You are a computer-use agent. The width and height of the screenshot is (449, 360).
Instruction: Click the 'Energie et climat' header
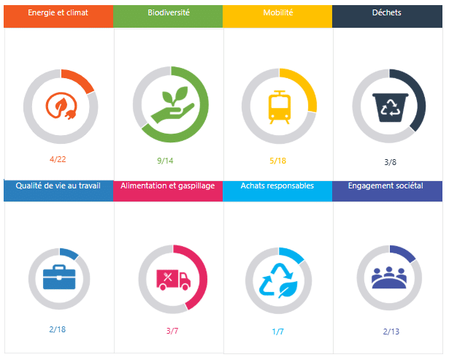(x=58, y=13)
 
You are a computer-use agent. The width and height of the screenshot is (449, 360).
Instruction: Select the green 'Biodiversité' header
(x=169, y=13)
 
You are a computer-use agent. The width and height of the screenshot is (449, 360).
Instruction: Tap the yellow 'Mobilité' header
(x=277, y=13)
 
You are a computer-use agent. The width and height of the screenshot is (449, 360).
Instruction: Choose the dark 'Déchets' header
(x=386, y=13)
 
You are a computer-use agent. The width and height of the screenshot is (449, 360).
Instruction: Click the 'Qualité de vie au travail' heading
(x=58, y=185)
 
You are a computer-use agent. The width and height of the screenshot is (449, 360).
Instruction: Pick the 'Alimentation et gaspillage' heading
(x=169, y=185)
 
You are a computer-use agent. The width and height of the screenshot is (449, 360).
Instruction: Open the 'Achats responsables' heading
(x=277, y=185)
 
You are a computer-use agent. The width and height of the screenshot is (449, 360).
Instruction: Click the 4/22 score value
(x=58, y=158)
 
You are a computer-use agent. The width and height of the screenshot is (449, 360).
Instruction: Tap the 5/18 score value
(x=277, y=161)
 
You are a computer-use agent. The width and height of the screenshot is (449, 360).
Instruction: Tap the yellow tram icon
(x=278, y=107)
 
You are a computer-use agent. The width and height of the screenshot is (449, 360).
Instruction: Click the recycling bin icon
(x=388, y=107)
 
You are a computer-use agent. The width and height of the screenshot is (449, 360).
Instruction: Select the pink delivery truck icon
(x=172, y=278)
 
